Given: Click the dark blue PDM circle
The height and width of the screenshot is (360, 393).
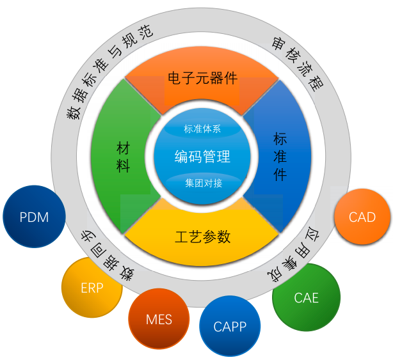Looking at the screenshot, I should (x=35, y=217).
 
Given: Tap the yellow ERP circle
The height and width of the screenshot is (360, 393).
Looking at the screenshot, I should (x=92, y=288).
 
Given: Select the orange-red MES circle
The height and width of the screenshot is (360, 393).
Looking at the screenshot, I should (x=159, y=318).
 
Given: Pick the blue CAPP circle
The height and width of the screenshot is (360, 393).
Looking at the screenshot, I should (x=230, y=326).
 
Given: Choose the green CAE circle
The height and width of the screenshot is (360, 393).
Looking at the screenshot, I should (x=306, y=297).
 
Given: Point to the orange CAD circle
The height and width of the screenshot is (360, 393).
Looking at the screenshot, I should (x=362, y=217).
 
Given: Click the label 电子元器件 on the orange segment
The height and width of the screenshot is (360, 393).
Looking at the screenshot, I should (x=202, y=78).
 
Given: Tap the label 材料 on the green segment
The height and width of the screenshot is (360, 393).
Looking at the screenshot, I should (x=124, y=157).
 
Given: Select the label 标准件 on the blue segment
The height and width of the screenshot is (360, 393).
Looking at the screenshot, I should (x=280, y=157).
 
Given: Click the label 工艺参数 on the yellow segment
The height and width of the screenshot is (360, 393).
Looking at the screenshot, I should (x=202, y=237).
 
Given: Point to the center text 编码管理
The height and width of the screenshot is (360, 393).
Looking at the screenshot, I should (x=202, y=156).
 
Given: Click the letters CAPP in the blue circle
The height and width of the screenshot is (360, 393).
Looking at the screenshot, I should (x=230, y=327).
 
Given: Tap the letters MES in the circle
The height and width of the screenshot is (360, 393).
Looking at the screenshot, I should (x=159, y=319).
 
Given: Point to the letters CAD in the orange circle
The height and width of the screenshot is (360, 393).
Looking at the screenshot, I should (x=362, y=217).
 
